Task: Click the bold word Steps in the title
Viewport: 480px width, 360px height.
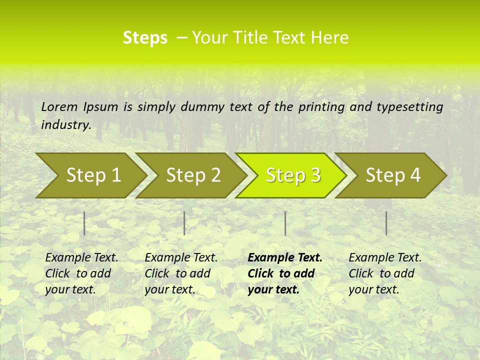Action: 145,38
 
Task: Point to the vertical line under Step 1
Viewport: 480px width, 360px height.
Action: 84,223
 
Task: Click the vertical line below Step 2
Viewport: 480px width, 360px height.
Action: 184,223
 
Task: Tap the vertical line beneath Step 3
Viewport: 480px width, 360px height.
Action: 285,223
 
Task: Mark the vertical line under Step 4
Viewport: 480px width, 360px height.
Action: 386,223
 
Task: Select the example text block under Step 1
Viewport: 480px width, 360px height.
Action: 81,273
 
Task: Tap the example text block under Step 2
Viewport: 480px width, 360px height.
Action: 181,273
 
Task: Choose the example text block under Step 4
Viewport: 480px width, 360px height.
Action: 385,273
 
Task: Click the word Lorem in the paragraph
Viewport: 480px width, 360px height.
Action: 59,107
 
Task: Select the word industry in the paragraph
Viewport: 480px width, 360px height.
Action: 65,125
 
